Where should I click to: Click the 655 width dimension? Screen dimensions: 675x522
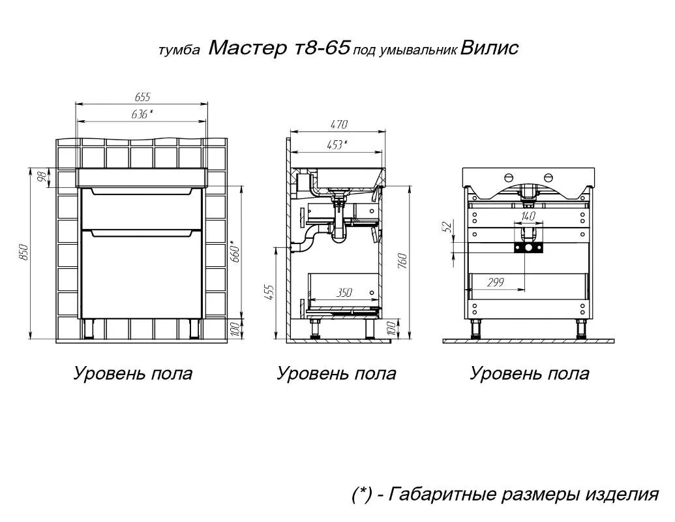(x=142, y=97)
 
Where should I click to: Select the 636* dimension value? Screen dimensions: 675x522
(x=142, y=114)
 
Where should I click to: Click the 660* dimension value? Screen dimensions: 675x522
(x=235, y=253)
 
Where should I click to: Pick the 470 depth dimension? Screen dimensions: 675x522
(x=338, y=125)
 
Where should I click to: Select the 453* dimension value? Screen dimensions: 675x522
(x=337, y=144)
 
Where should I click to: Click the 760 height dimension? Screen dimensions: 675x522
(x=402, y=262)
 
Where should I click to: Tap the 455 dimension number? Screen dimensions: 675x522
(x=269, y=292)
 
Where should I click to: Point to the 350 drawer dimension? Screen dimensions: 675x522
(x=344, y=293)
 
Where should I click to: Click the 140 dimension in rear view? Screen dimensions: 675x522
(x=528, y=216)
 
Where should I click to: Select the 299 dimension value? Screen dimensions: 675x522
(x=496, y=283)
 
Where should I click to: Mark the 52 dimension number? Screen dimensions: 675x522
(x=447, y=226)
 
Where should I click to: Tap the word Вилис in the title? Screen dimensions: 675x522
(x=490, y=48)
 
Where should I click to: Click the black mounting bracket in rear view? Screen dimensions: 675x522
(x=529, y=248)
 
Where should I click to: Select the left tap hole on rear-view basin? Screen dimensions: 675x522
(x=508, y=177)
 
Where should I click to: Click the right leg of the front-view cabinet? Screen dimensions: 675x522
(x=194, y=329)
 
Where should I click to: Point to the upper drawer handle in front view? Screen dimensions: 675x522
(x=142, y=192)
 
